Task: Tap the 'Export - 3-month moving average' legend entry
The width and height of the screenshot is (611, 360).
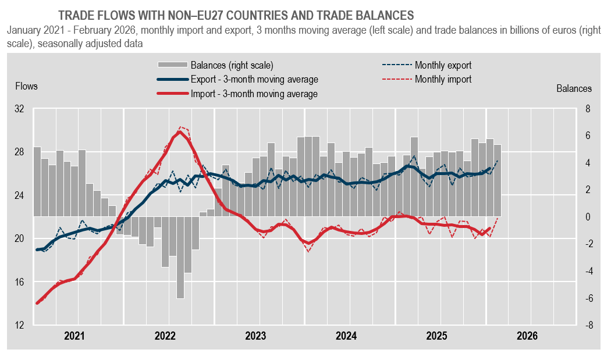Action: click(x=254, y=80)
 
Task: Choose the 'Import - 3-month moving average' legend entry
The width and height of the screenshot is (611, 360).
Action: click(x=254, y=94)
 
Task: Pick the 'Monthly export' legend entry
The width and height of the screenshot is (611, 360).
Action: click(x=443, y=65)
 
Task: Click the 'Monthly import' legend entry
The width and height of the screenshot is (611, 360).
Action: click(x=443, y=80)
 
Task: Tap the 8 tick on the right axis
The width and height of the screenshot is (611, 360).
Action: click(x=588, y=109)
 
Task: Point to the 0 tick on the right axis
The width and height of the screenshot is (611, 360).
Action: click(x=588, y=217)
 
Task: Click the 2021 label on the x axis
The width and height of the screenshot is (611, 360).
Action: click(x=74, y=336)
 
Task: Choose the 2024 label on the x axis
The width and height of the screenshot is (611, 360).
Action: click(x=346, y=336)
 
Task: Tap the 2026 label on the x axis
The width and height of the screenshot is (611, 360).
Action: click(x=527, y=336)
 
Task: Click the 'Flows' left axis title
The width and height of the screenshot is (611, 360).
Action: click(x=26, y=87)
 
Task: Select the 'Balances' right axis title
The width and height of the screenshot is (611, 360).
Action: click(x=574, y=89)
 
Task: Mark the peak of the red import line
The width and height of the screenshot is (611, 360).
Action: click(x=180, y=131)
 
